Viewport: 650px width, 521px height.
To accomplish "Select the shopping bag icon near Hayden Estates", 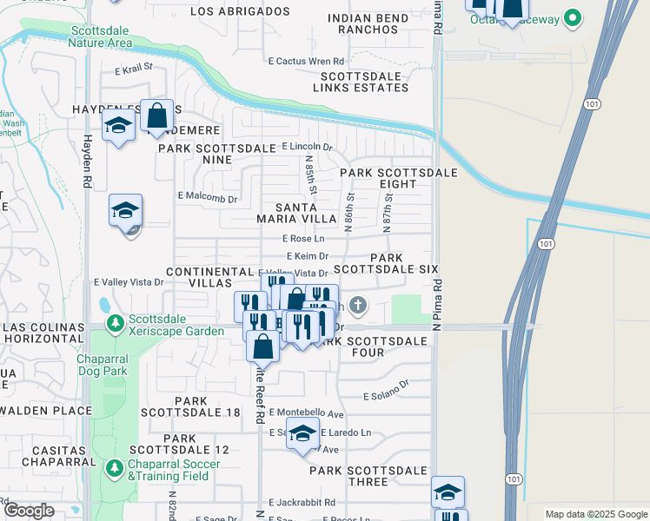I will (x=156, y=115).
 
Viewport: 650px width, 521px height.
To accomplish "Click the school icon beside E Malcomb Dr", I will (x=125, y=211).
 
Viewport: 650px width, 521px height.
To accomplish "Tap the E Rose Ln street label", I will (x=303, y=239).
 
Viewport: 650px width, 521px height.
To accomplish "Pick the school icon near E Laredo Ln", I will (x=302, y=435).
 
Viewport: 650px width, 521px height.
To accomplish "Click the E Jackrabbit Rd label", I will (x=303, y=503).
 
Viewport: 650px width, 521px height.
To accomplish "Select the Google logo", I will (x=29, y=511).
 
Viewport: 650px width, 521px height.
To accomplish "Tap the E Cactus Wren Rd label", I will (x=307, y=61).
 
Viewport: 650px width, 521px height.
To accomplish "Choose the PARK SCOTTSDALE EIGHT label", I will (x=398, y=178).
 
